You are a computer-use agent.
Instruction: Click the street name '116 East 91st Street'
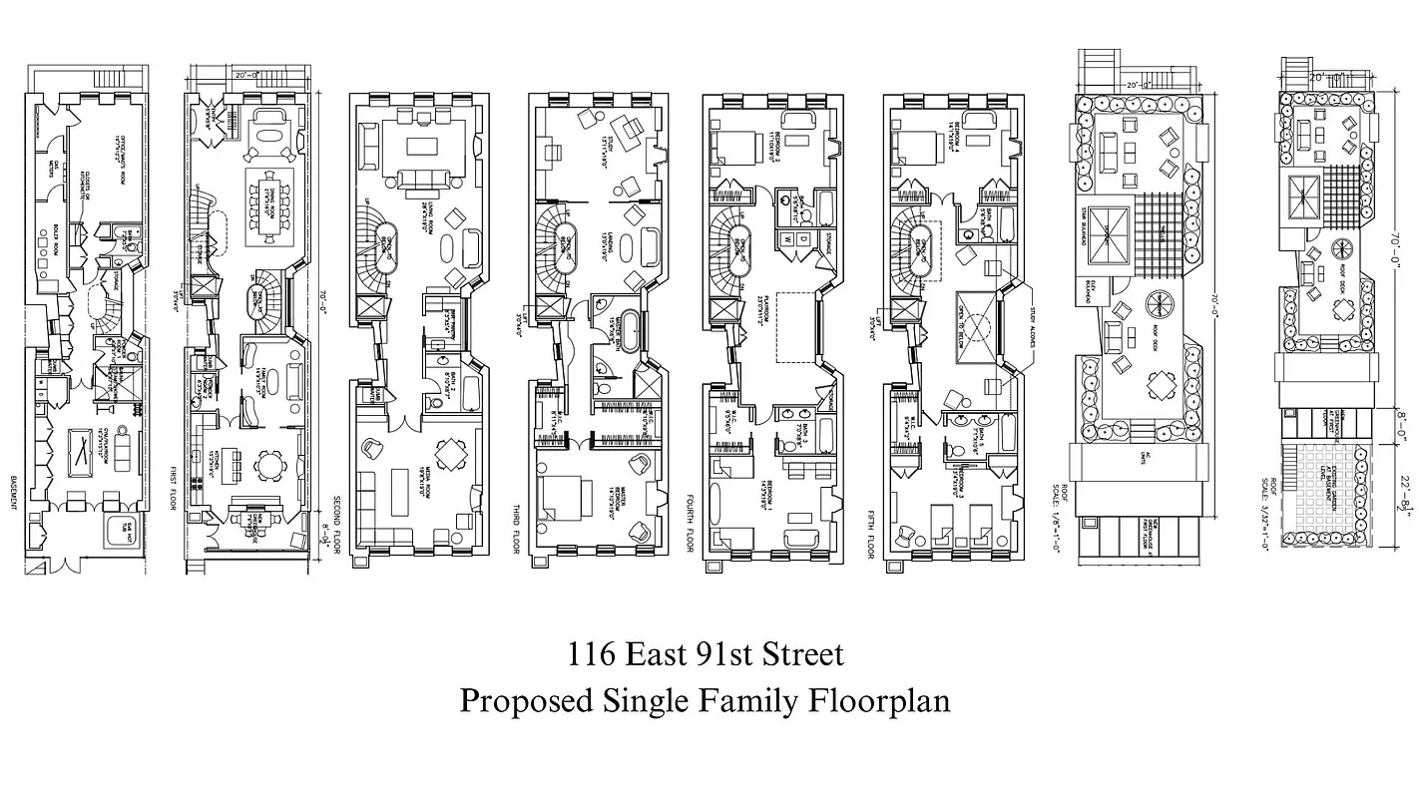pos(706,655)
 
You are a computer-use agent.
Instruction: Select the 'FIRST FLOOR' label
pos(175,488)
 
